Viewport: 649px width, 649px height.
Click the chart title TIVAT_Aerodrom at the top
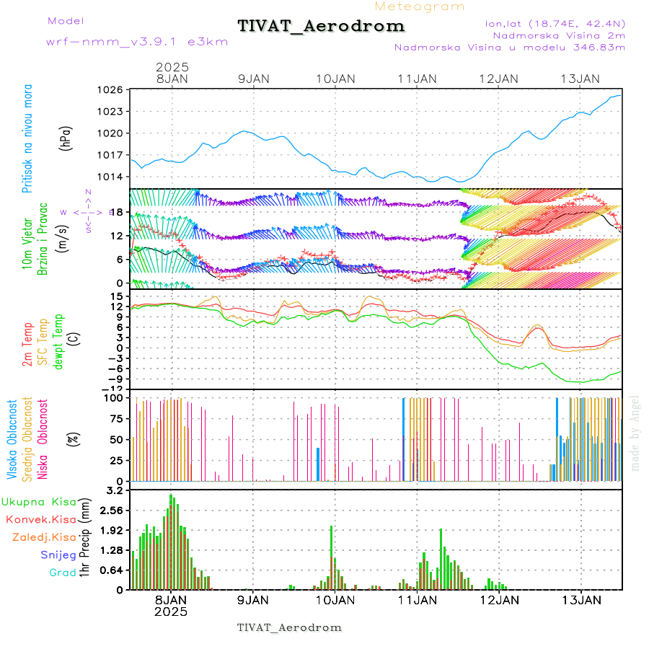tap(321, 26)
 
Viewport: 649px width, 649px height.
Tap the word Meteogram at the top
tap(420, 6)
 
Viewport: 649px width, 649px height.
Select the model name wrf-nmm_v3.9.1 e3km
tap(137, 42)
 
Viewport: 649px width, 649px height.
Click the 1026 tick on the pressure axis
tap(113, 89)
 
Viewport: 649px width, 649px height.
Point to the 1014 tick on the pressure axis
tap(113, 177)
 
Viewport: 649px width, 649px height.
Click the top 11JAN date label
tap(417, 78)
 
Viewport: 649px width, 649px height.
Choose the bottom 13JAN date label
tap(581, 599)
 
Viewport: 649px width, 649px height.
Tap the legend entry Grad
tap(63, 573)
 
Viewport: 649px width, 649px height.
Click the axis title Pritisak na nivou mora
tap(27, 138)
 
